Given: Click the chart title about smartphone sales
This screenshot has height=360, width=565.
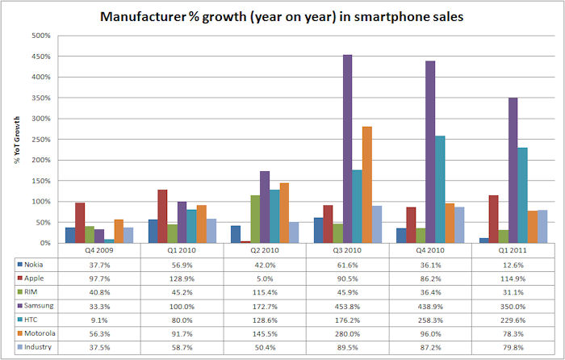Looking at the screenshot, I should click(x=282, y=15).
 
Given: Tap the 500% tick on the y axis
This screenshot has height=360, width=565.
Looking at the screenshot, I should click(x=40, y=36).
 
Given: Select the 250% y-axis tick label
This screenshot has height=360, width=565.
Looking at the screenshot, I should click(x=40, y=140).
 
